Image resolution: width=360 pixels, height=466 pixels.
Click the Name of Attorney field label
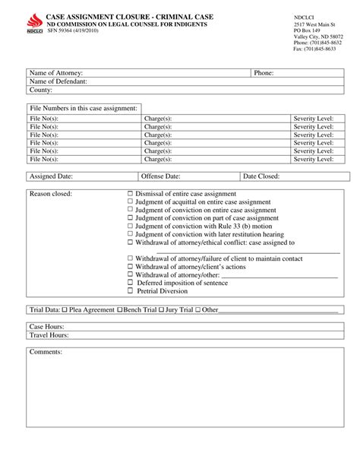pos(55,73)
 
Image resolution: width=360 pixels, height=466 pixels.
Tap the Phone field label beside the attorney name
pos(264,73)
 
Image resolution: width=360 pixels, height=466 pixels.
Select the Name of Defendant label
pos(58,81)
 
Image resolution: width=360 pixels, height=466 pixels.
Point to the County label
pos(41,90)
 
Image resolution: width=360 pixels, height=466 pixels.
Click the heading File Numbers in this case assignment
pos(84,109)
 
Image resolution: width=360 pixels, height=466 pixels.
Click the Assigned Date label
pos(51,176)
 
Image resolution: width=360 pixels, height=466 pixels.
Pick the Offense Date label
pos(160,176)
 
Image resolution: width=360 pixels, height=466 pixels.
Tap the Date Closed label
pos(261,176)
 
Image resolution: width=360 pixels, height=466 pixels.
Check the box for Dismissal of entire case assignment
pos(130,194)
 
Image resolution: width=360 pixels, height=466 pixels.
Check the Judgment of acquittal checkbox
pos(130,201)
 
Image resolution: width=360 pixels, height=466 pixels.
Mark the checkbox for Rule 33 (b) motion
pos(130,226)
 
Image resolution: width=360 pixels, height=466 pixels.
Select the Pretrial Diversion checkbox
pos(130,290)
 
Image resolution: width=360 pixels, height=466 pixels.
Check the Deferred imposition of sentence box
pos(130,283)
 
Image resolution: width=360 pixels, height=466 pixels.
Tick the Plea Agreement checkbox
pos(65,310)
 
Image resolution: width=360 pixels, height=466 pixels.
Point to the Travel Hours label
pos(49,334)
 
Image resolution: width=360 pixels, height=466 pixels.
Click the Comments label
pos(46,353)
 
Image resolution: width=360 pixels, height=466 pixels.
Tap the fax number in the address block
pos(314,49)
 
